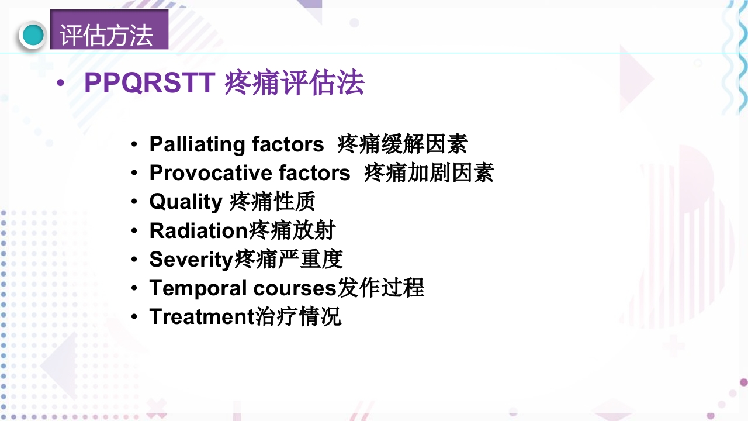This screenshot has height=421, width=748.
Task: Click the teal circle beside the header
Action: click(x=33, y=35)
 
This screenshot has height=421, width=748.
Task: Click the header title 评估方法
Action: click(x=106, y=35)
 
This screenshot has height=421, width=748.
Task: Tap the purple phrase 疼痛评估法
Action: click(x=295, y=83)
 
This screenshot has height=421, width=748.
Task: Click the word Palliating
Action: click(x=198, y=144)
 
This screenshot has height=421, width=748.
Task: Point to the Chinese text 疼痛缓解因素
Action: click(x=403, y=144)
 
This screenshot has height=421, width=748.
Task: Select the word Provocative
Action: click(x=210, y=172)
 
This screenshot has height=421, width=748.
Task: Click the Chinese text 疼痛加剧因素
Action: click(x=429, y=172)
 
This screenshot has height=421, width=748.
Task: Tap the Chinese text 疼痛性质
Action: click(x=272, y=201)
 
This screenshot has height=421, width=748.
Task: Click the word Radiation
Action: click(x=199, y=230)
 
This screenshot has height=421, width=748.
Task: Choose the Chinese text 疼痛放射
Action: click(x=292, y=230)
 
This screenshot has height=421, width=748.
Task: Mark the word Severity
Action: click(x=191, y=259)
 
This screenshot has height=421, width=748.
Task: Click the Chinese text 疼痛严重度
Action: click(x=288, y=259)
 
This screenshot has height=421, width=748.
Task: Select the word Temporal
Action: click(x=198, y=288)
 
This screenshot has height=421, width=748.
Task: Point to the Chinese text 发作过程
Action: click(x=381, y=288)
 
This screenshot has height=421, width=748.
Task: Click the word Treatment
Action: click(x=202, y=316)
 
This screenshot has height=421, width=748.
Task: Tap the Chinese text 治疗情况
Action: click(x=299, y=316)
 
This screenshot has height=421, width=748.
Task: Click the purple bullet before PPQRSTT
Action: click(x=61, y=84)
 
